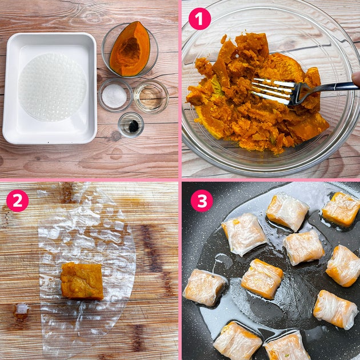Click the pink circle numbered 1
point(199,19)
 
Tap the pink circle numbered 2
point(18,201)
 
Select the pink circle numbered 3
point(202,201)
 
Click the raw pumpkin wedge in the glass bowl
point(130,49)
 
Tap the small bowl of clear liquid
point(151,97)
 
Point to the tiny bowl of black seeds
point(131,125)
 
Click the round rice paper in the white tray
point(53,87)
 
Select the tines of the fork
point(273,90)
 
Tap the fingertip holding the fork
point(356,79)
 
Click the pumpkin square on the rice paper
point(82,281)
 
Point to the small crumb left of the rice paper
point(21,309)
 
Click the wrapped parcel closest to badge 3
point(243,234)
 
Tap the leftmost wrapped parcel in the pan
point(204,287)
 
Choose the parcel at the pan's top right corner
point(342,209)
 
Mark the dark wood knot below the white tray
point(115,136)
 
